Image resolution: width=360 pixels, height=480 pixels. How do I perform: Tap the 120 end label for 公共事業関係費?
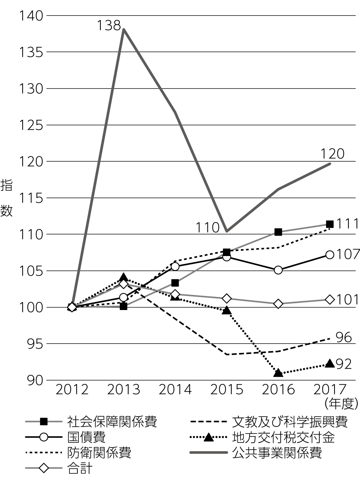click(332, 154)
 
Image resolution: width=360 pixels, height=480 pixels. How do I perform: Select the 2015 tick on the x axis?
click(227, 390)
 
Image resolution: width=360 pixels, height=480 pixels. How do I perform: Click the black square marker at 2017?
click(329, 224)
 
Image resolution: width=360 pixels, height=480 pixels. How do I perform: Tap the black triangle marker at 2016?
click(278, 373)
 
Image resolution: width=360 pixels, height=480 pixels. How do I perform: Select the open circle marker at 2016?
click(278, 270)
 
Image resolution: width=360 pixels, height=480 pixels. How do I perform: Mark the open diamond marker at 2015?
click(226, 299)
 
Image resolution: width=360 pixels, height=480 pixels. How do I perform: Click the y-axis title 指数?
click(6, 198)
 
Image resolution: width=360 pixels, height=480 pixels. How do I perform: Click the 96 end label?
click(343, 337)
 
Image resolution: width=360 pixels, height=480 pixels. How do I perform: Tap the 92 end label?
click(343, 364)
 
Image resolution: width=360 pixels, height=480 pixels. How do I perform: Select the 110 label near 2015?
click(207, 228)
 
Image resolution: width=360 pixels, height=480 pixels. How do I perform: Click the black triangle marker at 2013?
click(123, 277)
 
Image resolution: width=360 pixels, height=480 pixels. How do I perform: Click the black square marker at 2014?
click(175, 283)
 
